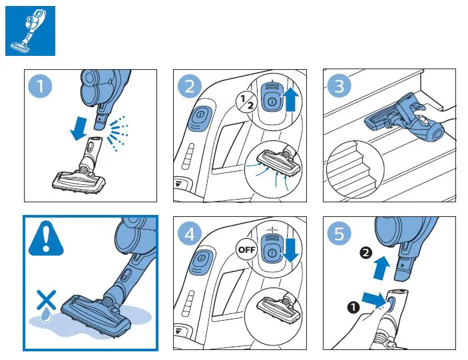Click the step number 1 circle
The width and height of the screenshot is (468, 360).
tap(42, 87)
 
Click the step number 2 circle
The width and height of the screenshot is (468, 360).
tap(191, 87)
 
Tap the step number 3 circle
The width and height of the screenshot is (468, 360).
tap(340, 87)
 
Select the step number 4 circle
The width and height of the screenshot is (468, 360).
tap(191, 234)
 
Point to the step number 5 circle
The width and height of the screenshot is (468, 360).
tap(340, 234)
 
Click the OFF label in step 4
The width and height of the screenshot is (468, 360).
tap(248, 250)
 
